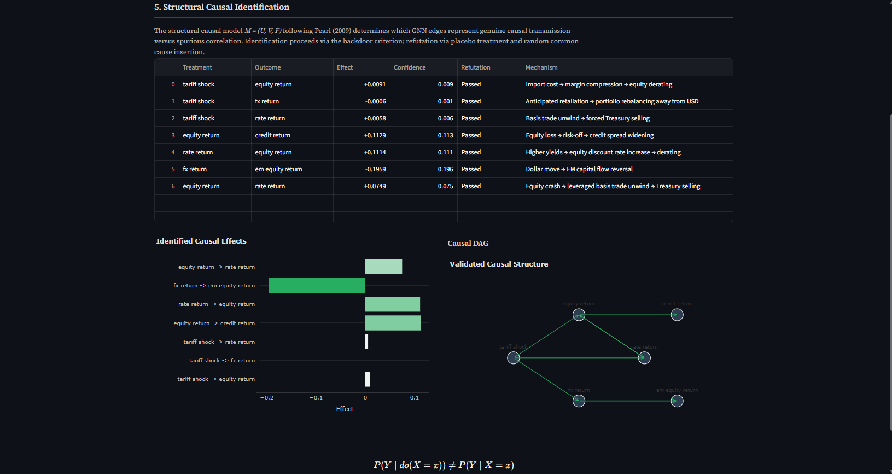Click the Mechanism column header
coord(541,67)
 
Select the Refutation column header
coord(475,67)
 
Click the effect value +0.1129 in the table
coord(375,135)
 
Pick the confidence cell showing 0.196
coord(445,169)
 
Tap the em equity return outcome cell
coord(278,169)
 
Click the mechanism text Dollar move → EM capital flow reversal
coord(579,169)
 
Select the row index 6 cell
coord(173,186)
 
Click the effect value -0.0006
coord(375,101)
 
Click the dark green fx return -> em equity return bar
coord(317,285)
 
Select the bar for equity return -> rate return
coord(383,267)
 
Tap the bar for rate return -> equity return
coord(392,304)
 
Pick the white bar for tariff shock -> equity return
coord(368,379)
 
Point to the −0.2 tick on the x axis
coord(267,398)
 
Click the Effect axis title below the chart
coord(345,409)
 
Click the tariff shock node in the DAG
coord(513,358)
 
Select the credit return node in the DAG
coord(677,315)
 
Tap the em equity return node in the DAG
coord(677,401)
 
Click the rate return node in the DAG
coord(644,358)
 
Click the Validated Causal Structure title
coord(499,264)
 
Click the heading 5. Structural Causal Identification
coord(221,7)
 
